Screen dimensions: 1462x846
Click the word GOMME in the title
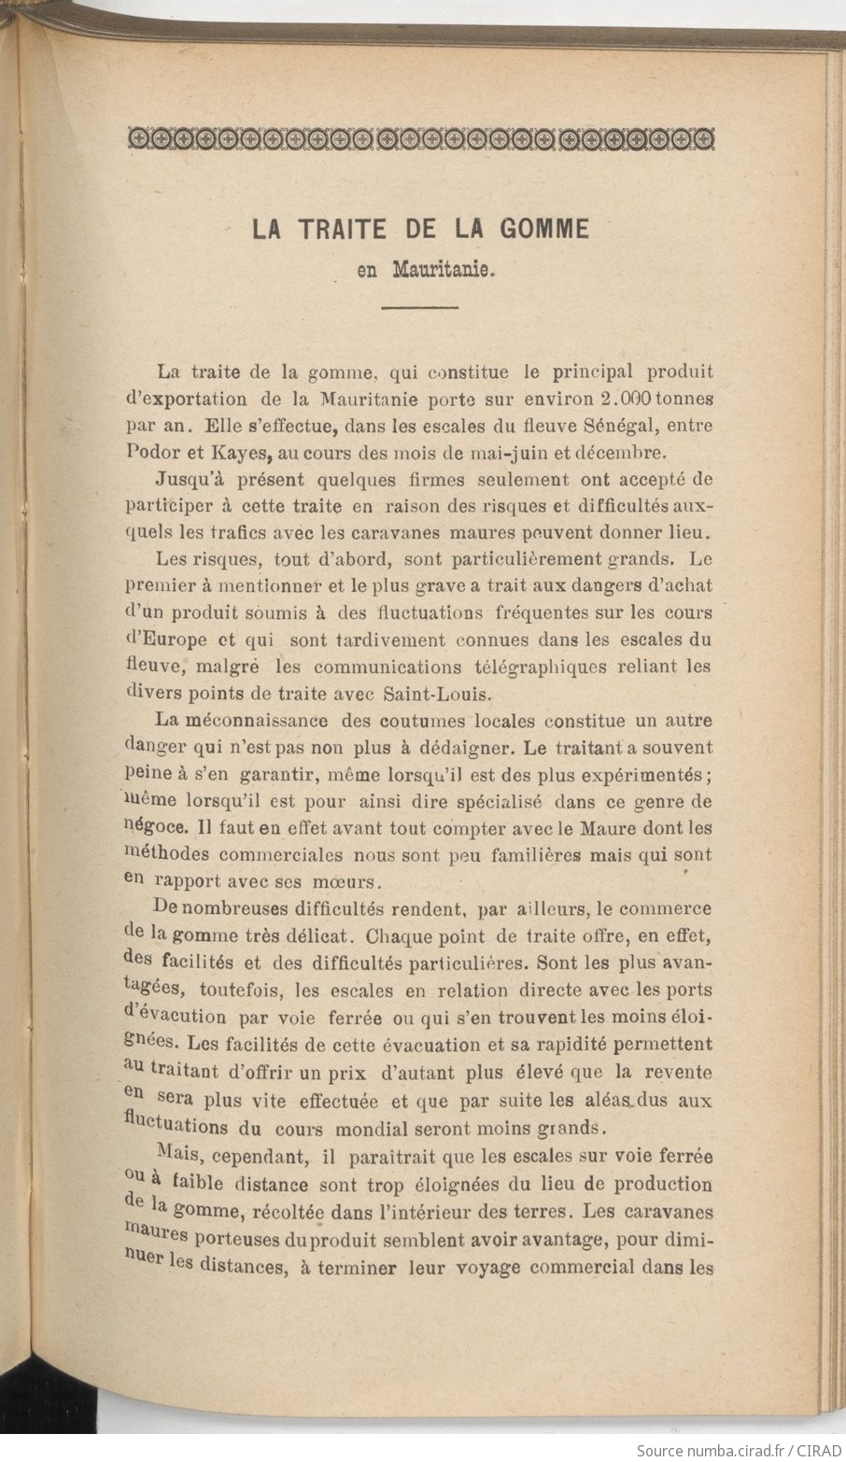pos(545,230)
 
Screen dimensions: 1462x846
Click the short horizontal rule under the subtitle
pos(420,307)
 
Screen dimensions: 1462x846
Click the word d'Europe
pos(165,640)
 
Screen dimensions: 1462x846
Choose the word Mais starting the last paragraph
pos(180,1156)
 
